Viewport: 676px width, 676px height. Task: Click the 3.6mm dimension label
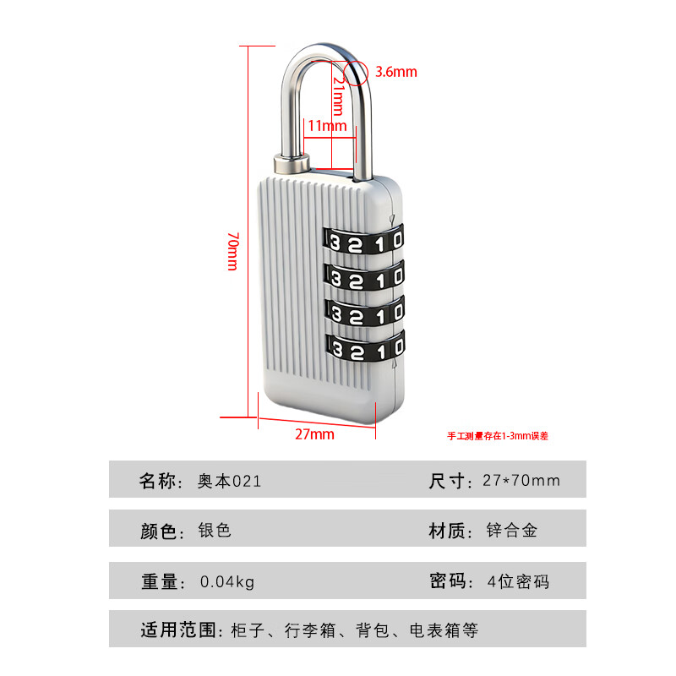coord(395,72)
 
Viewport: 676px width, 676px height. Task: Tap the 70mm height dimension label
coord(232,251)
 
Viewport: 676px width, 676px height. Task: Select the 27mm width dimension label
coord(314,434)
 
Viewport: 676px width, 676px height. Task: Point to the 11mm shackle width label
coord(327,126)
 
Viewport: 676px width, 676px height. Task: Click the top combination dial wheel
coord(363,241)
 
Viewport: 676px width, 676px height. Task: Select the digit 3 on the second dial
coord(335,278)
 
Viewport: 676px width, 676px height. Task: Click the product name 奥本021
coord(230,482)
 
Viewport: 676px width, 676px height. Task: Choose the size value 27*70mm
coord(521,482)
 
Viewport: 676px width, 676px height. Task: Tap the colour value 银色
coord(215,531)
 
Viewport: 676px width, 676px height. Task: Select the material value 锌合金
coord(511,531)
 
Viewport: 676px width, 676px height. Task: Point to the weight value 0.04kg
coord(227,581)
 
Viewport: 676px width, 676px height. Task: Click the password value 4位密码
coord(518,581)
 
